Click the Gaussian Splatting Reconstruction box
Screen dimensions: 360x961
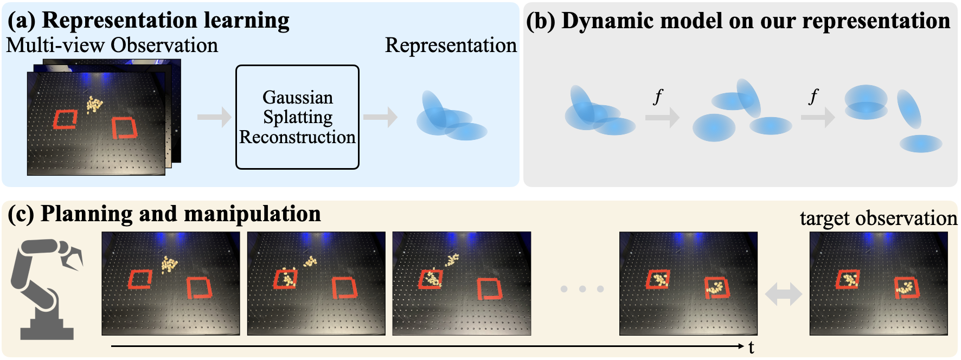[297, 117]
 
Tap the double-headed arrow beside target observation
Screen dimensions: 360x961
[783, 294]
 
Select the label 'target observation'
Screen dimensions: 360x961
[878, 218]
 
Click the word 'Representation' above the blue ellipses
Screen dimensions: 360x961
[451, 46]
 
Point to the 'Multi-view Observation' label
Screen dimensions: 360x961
[112, 46]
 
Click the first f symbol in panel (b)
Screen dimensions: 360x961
[658, 97]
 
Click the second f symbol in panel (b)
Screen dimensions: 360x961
[813, 97]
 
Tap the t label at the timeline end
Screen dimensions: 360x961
[751, 348]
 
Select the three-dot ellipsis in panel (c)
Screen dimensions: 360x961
[582, 289]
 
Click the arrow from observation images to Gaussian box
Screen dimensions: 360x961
[214, 117]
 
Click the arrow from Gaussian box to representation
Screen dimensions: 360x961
[380, 117]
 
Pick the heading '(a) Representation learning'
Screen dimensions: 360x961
[149, 21]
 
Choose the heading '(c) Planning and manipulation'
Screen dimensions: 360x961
[164, 214]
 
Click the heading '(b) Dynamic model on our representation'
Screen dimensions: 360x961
[738, 21]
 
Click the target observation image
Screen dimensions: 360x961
[879, 284]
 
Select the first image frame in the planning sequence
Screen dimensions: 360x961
[171, 284]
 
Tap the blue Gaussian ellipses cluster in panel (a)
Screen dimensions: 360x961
[450, 118]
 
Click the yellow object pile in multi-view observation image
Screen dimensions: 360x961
[94, 104]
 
